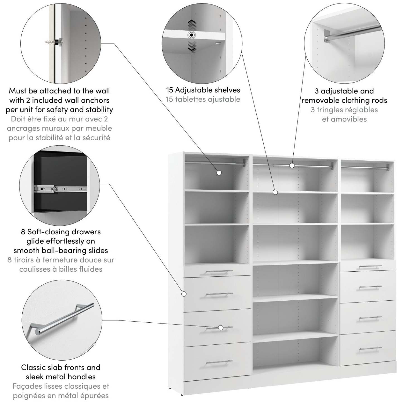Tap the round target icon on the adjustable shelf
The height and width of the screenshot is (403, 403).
pos(192,35)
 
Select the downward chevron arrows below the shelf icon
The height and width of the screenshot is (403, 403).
pos(192,46)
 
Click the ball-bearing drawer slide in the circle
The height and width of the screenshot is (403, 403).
pos(60,189)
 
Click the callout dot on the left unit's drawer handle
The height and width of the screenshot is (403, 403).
pos(221,328)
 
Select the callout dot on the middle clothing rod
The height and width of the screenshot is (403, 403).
pos(292,166)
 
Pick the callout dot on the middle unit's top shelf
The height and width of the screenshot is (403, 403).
pos(275,192)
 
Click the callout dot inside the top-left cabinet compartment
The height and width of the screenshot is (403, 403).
pos(219,173)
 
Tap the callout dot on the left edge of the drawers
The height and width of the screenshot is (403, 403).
pos(184,294)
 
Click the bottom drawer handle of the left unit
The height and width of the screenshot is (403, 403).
pos(219,362)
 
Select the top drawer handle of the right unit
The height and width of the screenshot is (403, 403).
pos(370,267)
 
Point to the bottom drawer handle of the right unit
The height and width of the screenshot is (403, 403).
pos(370,349)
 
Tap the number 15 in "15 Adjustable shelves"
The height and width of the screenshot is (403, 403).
pos(170,90)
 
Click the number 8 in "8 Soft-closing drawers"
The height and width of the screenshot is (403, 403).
pos(23,232)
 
